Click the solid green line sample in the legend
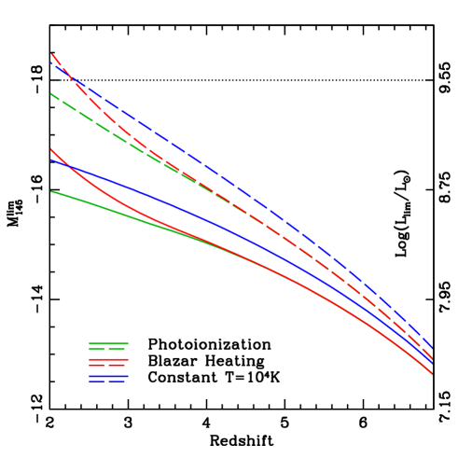click(x=108, y=343)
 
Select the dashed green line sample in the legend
click(x=108, y=349)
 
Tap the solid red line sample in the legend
click(x=108, y=359)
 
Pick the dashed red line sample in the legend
click(x=108, y=365)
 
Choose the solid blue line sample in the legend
click(x=108, y=376)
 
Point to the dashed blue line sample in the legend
click(x=108, y=382)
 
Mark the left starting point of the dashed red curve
click(x=51, y=54)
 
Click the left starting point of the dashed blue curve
click(x=51, y=62)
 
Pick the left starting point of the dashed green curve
click(x=51, y=94)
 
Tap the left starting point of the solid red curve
click(x=51, y=149)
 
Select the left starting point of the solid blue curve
click(x=51, y=160)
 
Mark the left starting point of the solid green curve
click(x=51, y=192)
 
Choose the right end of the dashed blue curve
click(x=432, y=348)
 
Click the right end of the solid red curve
click(x=432, y=374)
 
